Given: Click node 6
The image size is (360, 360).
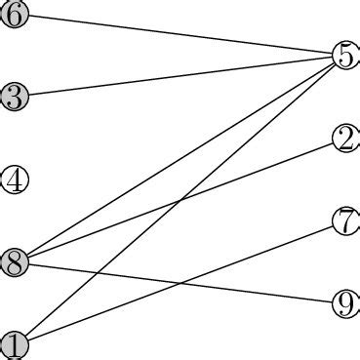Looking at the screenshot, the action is [x=14, y=15].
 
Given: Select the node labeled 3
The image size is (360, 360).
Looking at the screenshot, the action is [x=14, y=97].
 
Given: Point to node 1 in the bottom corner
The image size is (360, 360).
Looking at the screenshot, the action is [x=14, y=344].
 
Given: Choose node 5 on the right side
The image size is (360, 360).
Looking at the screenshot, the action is [x=345, y=56].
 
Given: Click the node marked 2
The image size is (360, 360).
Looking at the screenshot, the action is [x=345, y=139].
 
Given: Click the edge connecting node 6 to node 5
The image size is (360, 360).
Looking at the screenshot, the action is [x=180, y=35].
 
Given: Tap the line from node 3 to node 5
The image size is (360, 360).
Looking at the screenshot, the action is [x=180, y=76].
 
